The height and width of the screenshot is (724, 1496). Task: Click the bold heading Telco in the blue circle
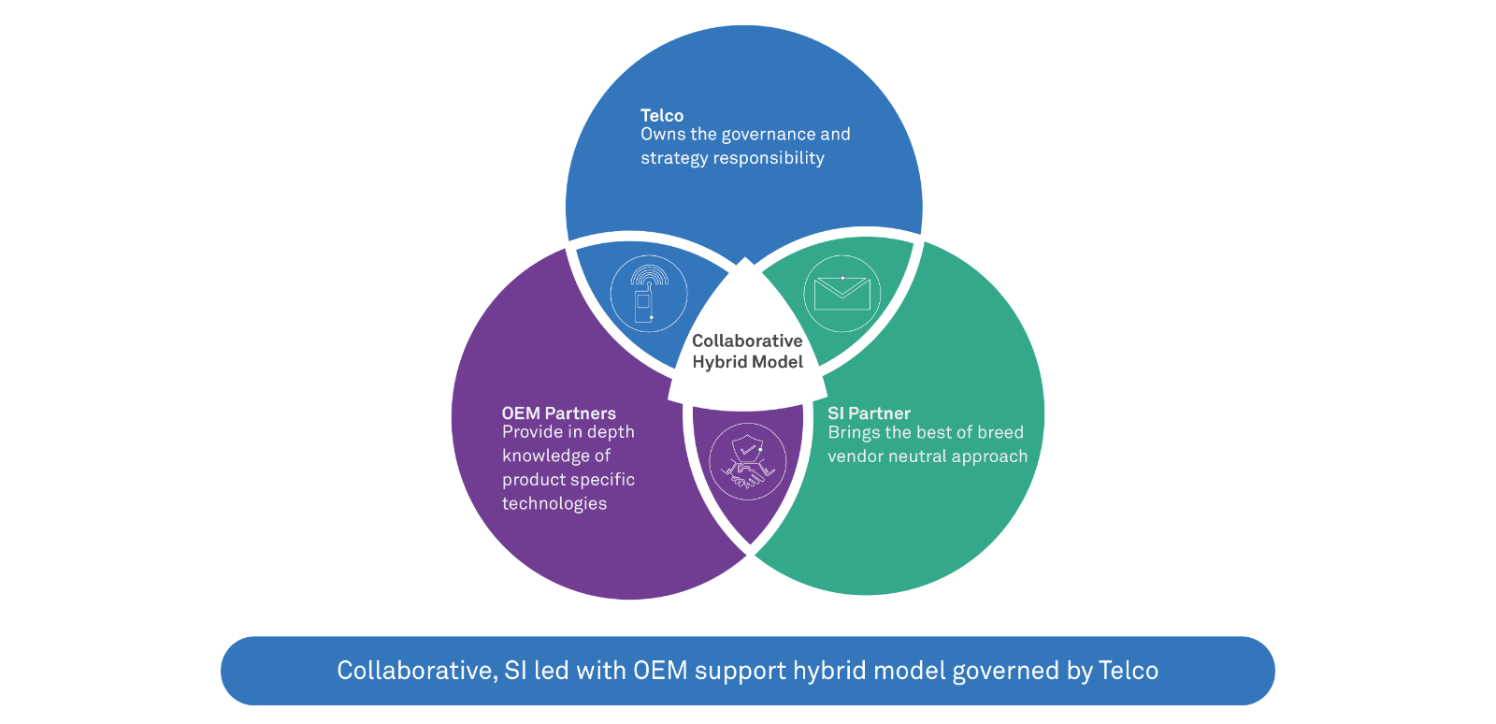click(662, 115)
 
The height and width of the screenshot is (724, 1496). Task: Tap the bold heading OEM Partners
click(558, 413)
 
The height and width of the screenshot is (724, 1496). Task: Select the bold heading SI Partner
click(869, 413)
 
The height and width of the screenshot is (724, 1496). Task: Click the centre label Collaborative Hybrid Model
click(747, 352)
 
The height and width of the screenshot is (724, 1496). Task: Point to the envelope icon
click(841, 294)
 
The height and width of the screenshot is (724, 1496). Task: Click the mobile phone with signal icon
click(648, 294)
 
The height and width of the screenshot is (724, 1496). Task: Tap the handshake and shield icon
click(747, 462)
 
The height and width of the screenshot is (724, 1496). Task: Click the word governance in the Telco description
click(768, 135)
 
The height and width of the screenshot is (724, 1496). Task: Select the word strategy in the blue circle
click(674, 158)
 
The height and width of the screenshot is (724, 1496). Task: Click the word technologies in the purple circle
click(554, 503)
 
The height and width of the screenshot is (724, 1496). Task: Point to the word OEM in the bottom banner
click(660, 671)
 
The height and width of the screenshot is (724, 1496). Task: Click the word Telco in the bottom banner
click(1129, 671)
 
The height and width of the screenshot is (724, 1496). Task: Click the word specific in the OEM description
click(604, 480)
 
